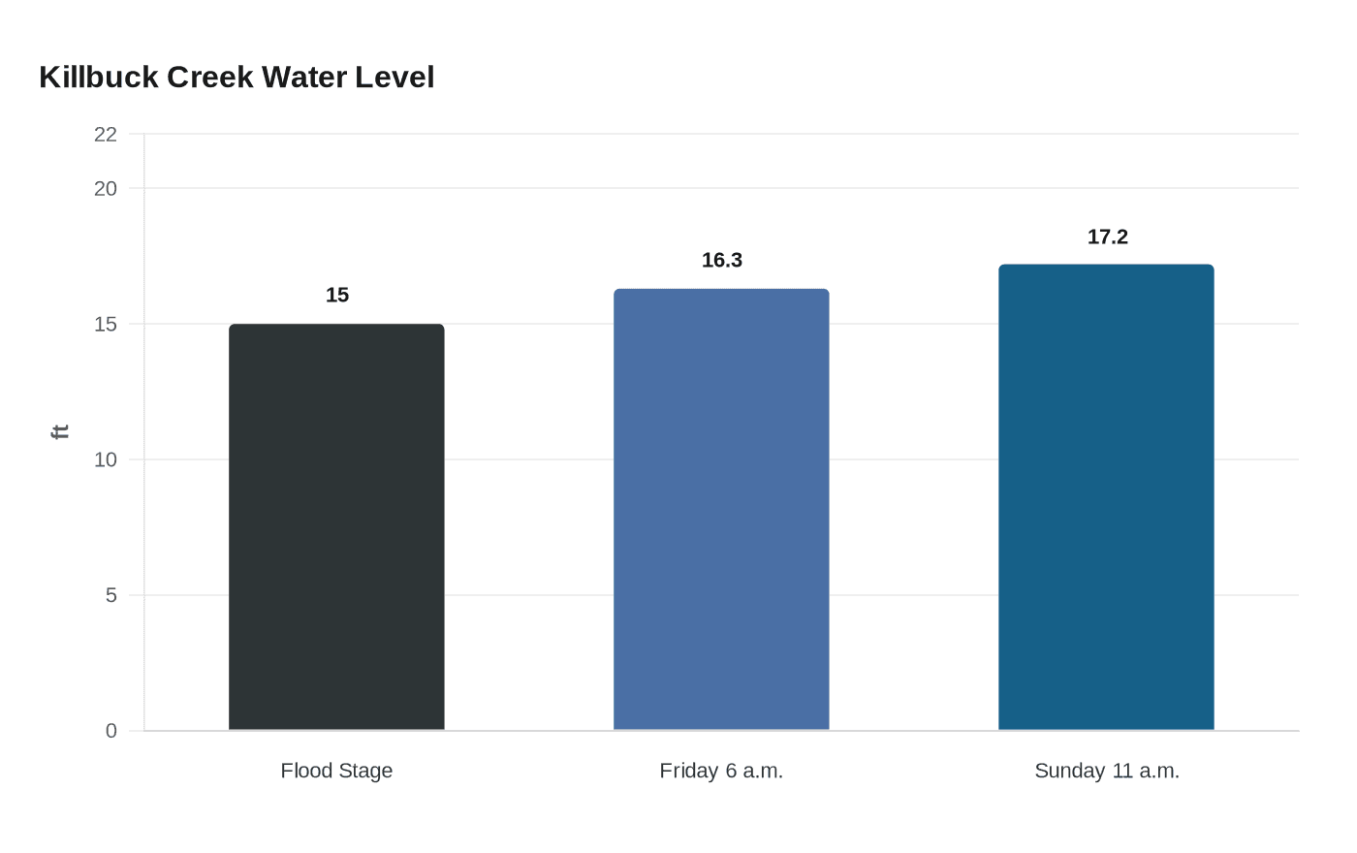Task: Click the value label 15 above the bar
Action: click(x=337, y=295)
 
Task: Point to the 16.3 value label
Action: click(x=722, y=260)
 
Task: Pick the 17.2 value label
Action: click(x=1107, y=237)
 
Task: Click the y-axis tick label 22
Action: click(x=106, y=135)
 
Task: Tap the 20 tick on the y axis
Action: click(x=106, y=189)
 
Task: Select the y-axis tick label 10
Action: click(x=106, y=460)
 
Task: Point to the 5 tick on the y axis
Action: click(x=111, y=595)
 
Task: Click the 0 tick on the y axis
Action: click(x=111, y=731)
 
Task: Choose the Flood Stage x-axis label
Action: click(x=336, y=771)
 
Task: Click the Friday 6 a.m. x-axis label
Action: click(x=721, y=771)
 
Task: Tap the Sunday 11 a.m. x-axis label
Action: click(x=1106, y=771)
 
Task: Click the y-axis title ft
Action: click(x=60, y=432)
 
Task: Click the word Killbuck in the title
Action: click(x=99, y=78)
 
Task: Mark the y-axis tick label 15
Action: click(x=106, y=325)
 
